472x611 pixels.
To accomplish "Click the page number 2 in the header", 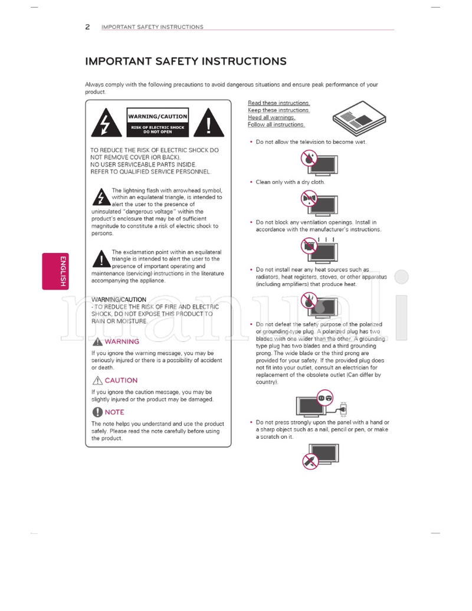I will (87, 27).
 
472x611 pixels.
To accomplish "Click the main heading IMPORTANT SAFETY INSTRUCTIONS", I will (186, 61).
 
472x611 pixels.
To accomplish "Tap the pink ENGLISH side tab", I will (55, 271).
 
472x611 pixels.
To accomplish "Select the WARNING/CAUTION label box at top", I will (158, 117).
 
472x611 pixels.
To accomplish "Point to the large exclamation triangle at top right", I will (209, 123).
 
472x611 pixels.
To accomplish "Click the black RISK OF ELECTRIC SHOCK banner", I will (158, 129).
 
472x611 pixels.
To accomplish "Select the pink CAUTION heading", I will (121, 380).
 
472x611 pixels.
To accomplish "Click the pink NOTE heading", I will (114, 412).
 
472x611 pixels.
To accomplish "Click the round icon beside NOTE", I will (97, 412).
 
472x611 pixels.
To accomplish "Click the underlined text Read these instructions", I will (278, 103).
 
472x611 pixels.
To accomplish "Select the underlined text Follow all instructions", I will (276, 125).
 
